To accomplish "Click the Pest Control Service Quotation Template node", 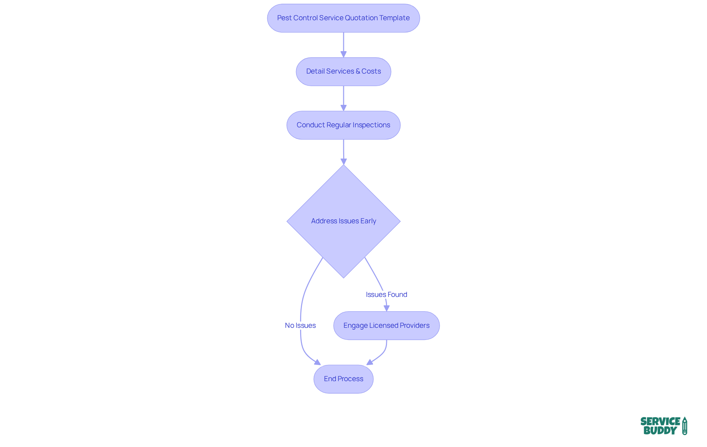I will pos(343,18).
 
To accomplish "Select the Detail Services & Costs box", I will pos(343,71).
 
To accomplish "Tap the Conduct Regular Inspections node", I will pos(343,125).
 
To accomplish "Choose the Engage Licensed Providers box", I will pos(386,326).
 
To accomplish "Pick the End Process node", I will pos(343,379).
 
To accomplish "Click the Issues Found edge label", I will pos(386,294).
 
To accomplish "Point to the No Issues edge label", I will pos(300,325).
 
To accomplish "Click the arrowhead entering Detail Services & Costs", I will pos(344,54).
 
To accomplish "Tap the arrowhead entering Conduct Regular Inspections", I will pos(344,108).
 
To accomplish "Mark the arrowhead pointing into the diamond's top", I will pos(344,162).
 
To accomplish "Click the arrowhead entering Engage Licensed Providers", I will pos(387,308).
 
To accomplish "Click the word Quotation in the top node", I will pos(361,18).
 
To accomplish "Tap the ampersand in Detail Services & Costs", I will pos(358,71).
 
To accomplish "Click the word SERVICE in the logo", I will pos(660,421).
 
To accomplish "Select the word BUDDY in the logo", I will pos(660,430).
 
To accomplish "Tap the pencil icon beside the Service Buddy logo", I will pos(685,426).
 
